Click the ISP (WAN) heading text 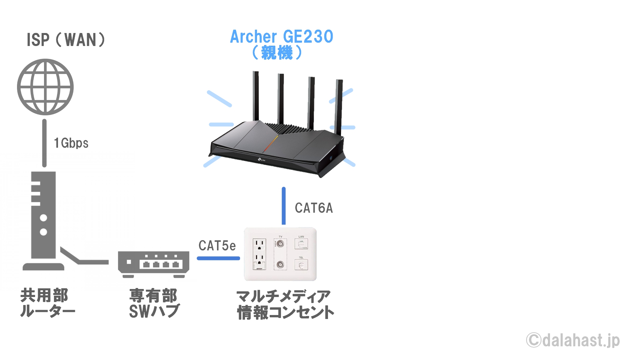(66, 40)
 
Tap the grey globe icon (45, 87)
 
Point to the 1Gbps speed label (71, 143)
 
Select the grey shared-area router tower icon (43, 220)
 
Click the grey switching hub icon (154, 264)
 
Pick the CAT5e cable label (217, 246)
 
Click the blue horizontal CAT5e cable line (218, 258)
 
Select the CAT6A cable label (314, 208)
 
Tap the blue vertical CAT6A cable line (284, 206)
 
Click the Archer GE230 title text (282, 37)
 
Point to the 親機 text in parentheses (277, 53)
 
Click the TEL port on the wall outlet (301, 265)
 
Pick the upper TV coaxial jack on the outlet (280, 244)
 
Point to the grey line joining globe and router (44, 143)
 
